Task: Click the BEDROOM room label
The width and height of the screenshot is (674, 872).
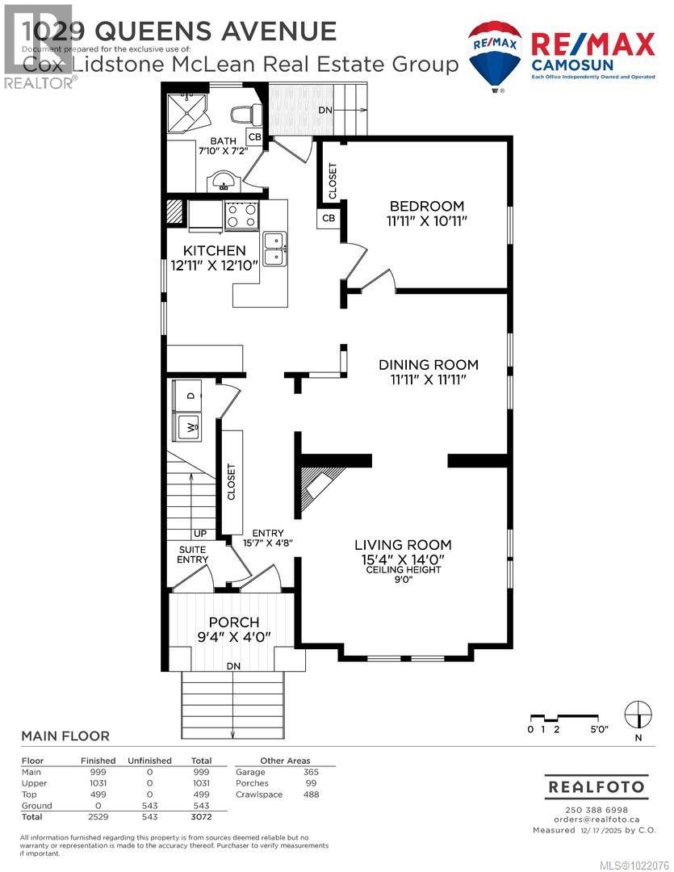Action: tap(427, 205)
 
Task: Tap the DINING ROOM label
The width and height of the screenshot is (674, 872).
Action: tap(429, 365)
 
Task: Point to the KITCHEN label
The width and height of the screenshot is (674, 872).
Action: tap(214, 251)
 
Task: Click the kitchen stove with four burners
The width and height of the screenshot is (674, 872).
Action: tap(241, 215)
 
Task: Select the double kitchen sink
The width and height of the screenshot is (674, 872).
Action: tap(274, 249)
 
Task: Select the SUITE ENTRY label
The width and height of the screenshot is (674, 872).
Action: tap(193, 555)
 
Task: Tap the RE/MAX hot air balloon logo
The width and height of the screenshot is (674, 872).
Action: tap(495, 54)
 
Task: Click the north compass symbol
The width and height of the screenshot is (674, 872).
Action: tap(638, 714)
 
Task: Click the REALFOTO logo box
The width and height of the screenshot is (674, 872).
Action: tap(597, 786)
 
